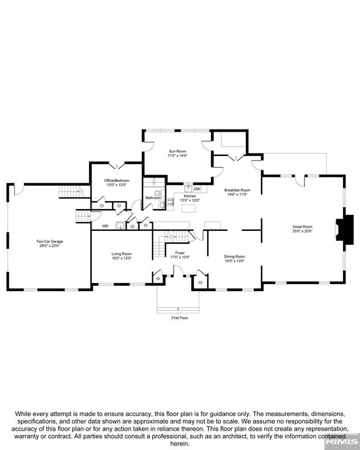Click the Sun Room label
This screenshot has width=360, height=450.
coord(177,151)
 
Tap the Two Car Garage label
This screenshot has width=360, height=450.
coord(49,241)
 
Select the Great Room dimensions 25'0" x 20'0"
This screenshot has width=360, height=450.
coord(303,231)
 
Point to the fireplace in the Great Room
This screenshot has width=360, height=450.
coord(346,229)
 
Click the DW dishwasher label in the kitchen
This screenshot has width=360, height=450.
coord(197,189)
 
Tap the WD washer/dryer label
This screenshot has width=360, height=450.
coord(105,226)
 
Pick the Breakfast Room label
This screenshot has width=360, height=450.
coord(237,190)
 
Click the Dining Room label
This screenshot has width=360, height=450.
coord(235,256)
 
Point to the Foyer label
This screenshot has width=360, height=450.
coord(179,253)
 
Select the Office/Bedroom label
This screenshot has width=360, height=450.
coord(117,180)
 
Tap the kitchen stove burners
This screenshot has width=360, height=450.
coord(171,202)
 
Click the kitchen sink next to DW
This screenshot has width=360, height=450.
coord(187,189)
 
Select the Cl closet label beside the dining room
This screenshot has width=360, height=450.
coord(200,282)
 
